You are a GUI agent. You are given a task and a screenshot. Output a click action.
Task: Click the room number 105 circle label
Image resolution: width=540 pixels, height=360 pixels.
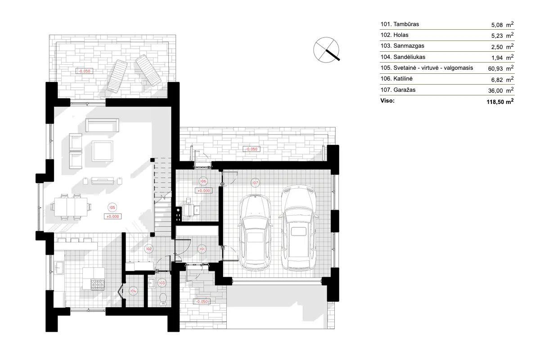click(x=112, y=207)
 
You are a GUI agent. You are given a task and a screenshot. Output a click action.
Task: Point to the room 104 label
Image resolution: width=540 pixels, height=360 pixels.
click(x=133, y=291)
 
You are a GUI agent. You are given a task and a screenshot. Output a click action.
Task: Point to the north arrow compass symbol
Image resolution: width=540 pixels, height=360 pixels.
click(x=327, y=49)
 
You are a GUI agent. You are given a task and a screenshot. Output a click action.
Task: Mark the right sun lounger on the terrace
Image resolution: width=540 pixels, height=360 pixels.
click(x=148, y=70)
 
